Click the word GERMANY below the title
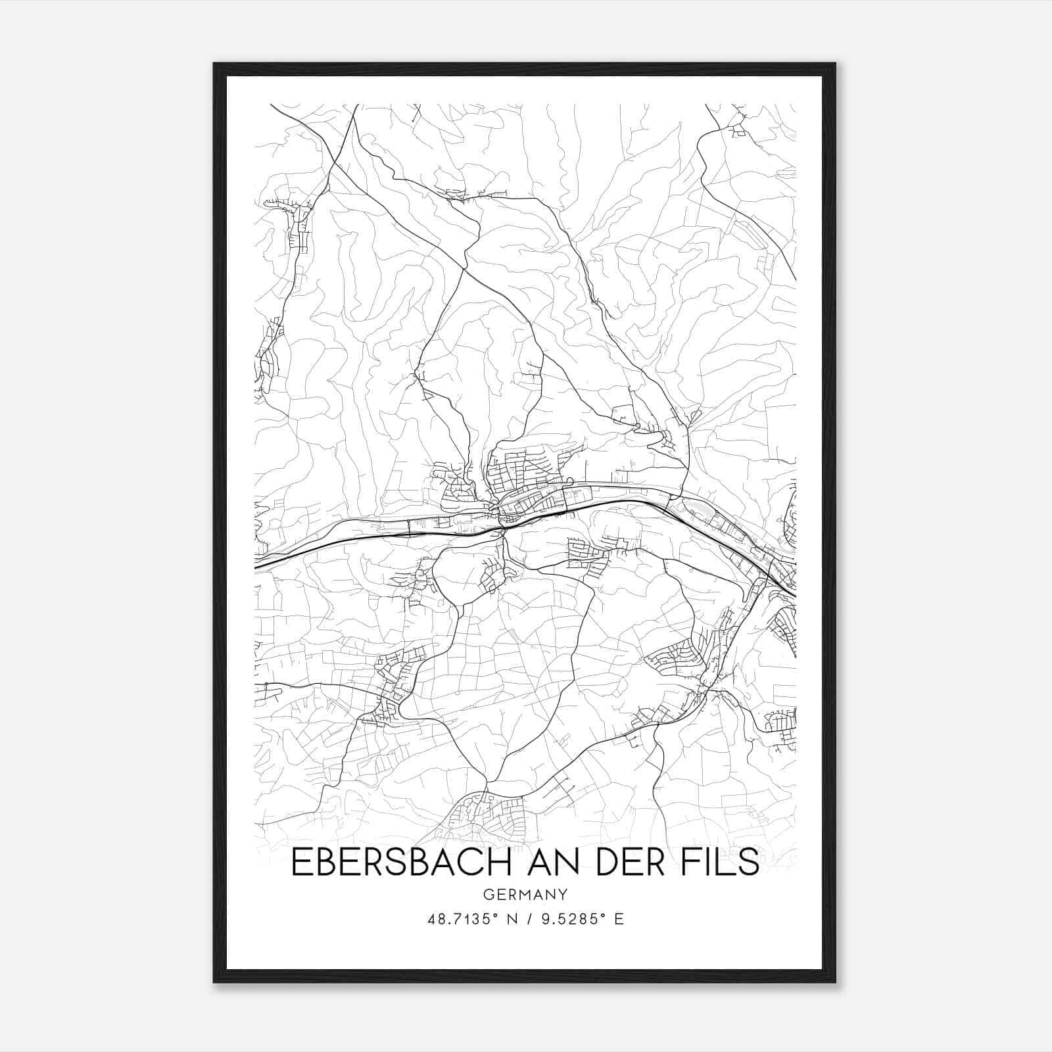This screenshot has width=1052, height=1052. click(x=525, y=894)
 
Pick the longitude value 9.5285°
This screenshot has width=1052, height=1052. click(x=571, y=919)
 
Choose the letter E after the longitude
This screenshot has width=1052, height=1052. click(x=619, y=919)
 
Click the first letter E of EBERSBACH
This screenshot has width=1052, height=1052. click(x=299, y=863)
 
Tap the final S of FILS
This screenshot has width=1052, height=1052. click(x=749, y=863)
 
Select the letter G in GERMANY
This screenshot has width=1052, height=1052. click(x=488, y=894)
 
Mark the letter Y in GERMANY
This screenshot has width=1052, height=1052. click(x=563, y=894)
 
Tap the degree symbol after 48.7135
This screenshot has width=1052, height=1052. click(x=494, y=915)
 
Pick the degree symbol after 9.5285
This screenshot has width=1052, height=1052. click(x=602, y=915)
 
